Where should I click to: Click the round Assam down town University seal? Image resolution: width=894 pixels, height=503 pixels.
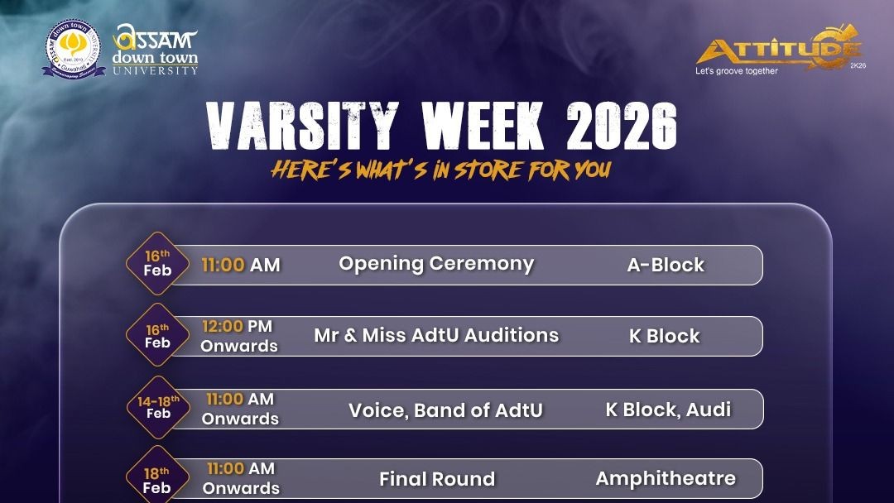pyautogui.click(x=74, y=50)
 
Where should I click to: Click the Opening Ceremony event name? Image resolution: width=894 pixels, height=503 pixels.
pyautogui.click(x=436, y=264)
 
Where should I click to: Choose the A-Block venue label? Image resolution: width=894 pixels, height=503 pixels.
pyautogui.click(x=666, y=266)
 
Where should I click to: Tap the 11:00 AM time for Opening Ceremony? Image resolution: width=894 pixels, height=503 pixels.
pyautogui.click(x=241, y=266)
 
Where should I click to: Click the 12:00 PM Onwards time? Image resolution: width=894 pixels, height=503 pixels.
pyautogui.click(x=238, y=336)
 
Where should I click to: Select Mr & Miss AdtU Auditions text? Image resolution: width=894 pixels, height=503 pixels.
pyautogui.click(x=436, y=335)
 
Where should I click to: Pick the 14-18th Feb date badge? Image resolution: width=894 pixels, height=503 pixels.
pyautogui.click(x=157, y=408)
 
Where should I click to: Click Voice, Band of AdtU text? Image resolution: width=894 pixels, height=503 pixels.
pyautogui.click(x=445, y=410)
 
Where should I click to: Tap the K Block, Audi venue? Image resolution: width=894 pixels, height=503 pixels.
pyautogui.click(x=668, y=409)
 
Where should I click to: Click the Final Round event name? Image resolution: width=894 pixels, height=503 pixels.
pyautogui.click(x=437, y=479)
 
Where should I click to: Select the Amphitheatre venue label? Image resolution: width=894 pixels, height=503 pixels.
pyautogui.click(x=666, y=478)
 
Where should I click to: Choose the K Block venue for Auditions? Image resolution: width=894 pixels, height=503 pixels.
pyautogui.click(x=664, y=337)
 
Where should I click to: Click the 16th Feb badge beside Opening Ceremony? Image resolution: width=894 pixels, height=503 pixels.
pyautogui.click(x=157, y=263)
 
